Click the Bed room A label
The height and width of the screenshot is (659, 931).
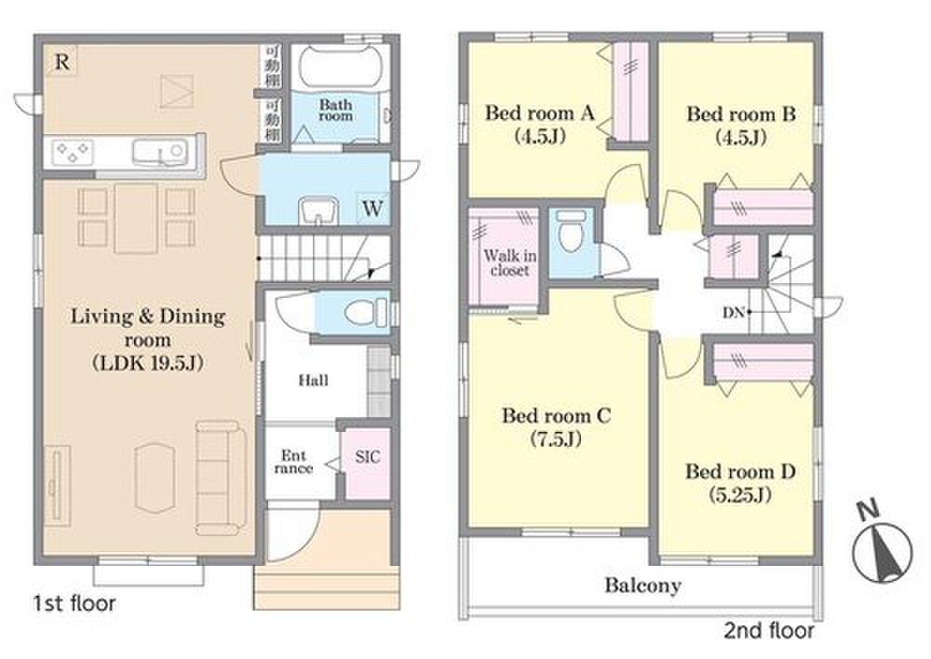tap(540, 124)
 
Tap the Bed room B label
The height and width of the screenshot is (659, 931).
tap(741, 125)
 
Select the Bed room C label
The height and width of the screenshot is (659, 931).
tap(556, 426)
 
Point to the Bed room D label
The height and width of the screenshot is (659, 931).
tap(740, 483)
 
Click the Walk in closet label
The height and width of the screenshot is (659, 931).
tap(510, 262)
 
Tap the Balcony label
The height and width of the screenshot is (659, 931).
tap(642, 586)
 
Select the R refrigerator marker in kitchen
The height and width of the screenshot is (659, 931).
tap(61, 61)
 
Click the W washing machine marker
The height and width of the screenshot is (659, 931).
tap(372, 208)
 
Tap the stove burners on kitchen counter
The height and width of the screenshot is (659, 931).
tap(73, 151)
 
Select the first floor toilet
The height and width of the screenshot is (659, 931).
tap(363, 313)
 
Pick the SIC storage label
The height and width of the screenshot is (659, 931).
tap(368, 456)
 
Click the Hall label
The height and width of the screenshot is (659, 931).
tap(314, 380)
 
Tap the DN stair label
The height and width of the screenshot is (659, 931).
tap(734, 313)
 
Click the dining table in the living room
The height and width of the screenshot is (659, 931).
tap(137, 218)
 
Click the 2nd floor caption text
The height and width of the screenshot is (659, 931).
tap(768, 630)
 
